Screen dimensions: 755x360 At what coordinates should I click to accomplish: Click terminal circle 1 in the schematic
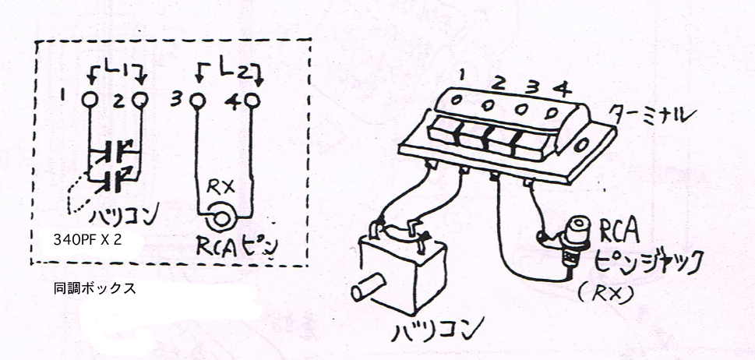[x=90, y=100]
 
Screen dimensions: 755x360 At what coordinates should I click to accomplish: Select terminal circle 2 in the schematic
[x=139, y=100]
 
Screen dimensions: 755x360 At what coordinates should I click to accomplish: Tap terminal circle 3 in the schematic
[x=197, y=101]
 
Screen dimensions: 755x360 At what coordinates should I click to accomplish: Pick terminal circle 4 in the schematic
[x=252, y=101]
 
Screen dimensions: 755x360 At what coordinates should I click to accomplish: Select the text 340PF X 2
[x=87, y=241]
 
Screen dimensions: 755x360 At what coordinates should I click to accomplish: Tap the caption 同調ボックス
[x=95, y=289]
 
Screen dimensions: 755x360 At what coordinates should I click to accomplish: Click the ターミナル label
[x=646, y=115]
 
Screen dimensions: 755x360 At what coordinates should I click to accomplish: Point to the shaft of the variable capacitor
[x=368, y=287]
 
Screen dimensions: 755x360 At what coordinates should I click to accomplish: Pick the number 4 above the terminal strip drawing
[x=561, y=89]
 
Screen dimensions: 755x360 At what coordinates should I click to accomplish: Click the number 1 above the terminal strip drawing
[x=461, y=75]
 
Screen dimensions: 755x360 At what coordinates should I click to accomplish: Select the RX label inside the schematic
[x=221, y=187]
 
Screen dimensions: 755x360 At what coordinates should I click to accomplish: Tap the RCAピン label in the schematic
[x=237, y=246]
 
